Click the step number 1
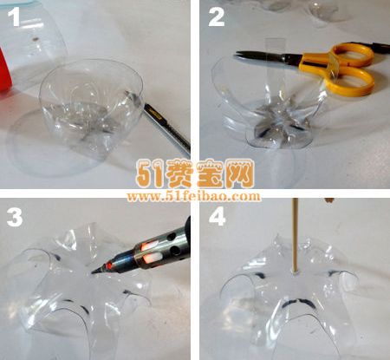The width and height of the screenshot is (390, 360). pyautogui.click(x=14, y=16)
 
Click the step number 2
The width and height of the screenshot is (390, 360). pyautogui.click(x=217, y=16)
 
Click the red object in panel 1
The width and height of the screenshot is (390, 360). pyautogui.click(x=4, y=69)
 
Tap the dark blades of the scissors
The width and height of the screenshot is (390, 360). pyautogui.click(x=269, y=57)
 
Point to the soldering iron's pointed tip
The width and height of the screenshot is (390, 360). pyautogui.click(x=93, y=272)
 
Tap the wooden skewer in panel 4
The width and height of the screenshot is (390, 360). pyautogui.click(x=296, y=236)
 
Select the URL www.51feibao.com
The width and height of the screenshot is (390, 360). pyautogui.click(x=193, y=196)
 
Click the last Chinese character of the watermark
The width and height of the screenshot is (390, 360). pyautogui.click(x=239, y=173)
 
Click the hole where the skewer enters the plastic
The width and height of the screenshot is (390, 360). pyautogui.click(x=295, y=272)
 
